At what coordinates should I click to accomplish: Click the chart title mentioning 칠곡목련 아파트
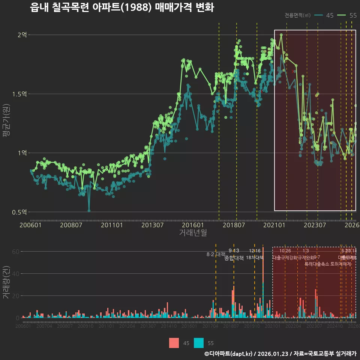pyautogui.click(x=122, y=7)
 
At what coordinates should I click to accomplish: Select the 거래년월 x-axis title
pyautogui.click(x=193, y=233)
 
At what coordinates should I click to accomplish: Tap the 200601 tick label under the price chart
pyautogui.click(x=30, y=225)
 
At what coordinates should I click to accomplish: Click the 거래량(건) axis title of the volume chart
pyautogui.click(x=6, y=283)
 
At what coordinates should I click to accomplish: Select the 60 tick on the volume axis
pyautogui.click(x=15, y=252)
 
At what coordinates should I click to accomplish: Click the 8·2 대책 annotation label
pyautogui.click(x=216, y=254)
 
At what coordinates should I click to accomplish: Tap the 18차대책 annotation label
pyautogui.click(x=255, y=258)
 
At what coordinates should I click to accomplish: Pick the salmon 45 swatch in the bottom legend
pyautogui.click(x=174, y=343)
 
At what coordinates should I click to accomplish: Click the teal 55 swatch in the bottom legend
pyautogui.click(x=199, y=343)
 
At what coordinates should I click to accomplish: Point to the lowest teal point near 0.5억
pyautogui.click(x=89, y=210)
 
